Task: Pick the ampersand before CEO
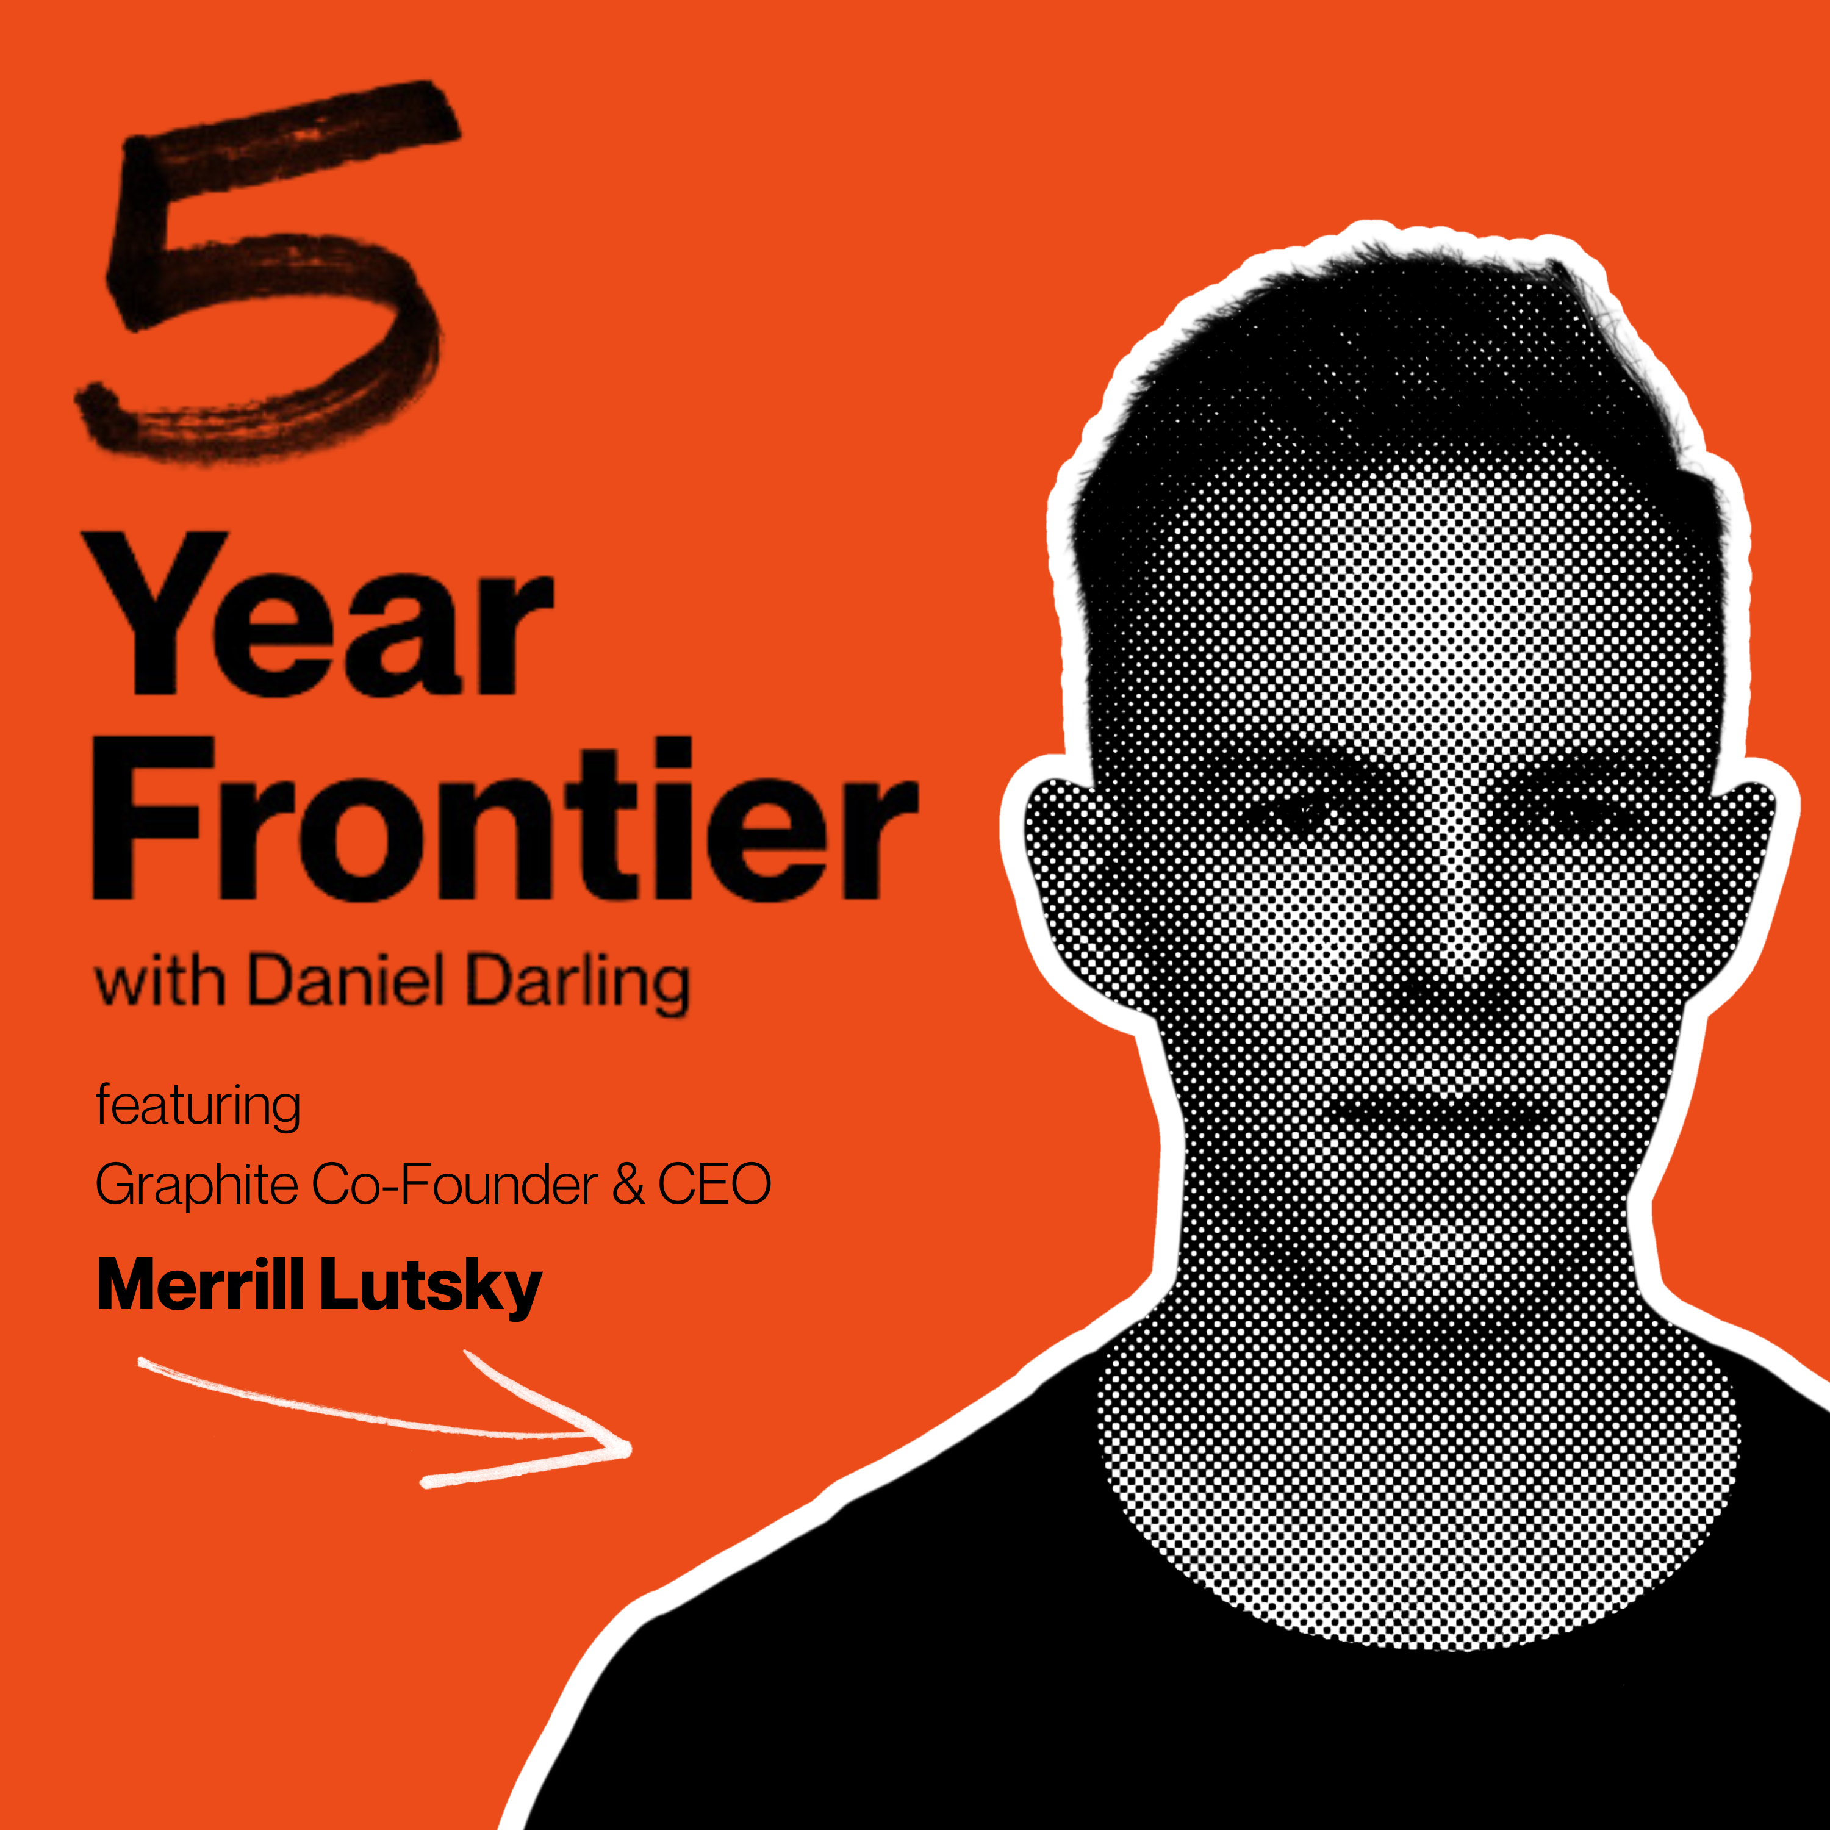628,1184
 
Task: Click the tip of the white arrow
630,1449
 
